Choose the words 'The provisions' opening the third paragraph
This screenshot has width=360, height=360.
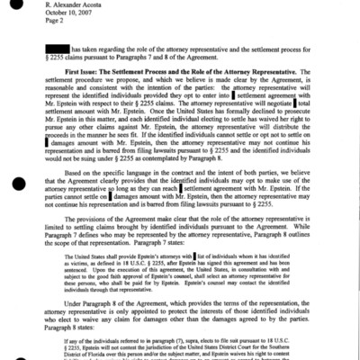[x=98, y=237]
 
